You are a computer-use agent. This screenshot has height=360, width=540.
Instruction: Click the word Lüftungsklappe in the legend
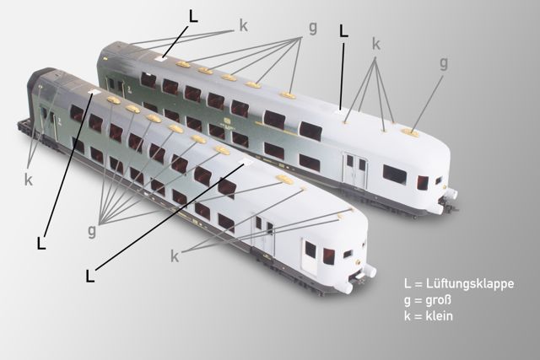(x=470, y=284)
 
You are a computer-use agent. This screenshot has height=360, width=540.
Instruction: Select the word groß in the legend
(x=438, y=300)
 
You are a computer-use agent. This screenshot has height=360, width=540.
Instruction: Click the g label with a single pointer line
(x=444, y=64)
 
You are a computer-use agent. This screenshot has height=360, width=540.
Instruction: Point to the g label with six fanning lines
(x=92, y=231)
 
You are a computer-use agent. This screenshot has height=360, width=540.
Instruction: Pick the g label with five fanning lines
(x=312, y=28)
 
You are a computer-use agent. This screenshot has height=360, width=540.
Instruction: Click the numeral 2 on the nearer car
(x=60, y=121)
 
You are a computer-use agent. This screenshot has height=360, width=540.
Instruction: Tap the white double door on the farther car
(x=355, y=170)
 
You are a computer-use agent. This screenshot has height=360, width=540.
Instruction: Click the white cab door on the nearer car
(x=310, y=255)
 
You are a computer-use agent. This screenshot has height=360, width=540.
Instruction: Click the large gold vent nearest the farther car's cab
(x=411, y=132)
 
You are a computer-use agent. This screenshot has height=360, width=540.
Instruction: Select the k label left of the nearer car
(x=28, y=180)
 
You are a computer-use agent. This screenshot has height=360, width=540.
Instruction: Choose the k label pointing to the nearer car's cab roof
(x=175, y=256)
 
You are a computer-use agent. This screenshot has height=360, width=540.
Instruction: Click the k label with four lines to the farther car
(x=376, y=45)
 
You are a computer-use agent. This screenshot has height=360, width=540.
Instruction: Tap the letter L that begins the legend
(x=408, y=284)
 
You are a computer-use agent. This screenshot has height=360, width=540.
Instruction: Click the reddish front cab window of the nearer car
(x=329, y=256)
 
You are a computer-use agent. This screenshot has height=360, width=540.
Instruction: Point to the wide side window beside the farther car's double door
(x=394, y=175)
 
